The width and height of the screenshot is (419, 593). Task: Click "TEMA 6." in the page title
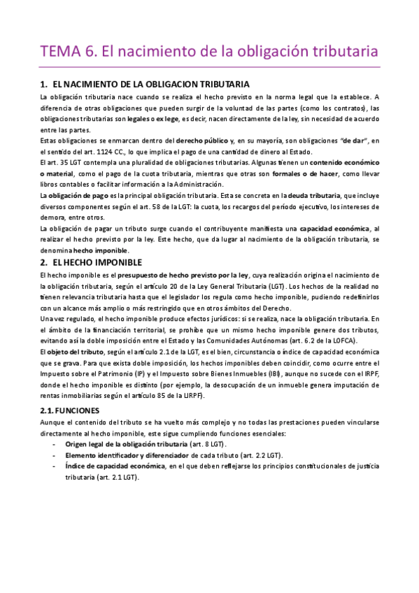[68, 52]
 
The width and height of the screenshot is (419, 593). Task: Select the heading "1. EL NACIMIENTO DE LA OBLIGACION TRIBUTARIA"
[145, 84]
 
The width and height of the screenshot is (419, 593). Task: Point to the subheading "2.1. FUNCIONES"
[70, 410]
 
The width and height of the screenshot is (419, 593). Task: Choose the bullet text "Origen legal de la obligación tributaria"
[127, 445]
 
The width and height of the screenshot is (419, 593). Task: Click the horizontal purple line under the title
[209, 67]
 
